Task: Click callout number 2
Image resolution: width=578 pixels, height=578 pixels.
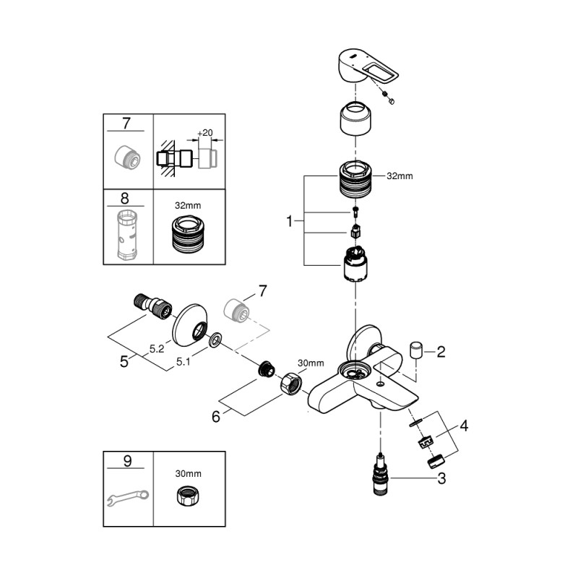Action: [x=441, y=352]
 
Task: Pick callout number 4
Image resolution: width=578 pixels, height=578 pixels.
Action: [x=465, y=426]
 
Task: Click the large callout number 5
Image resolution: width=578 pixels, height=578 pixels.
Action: [x=124, y=360]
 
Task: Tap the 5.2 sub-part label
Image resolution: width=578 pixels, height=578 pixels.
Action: [x=157, y=348]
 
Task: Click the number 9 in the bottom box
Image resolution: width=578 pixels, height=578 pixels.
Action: [x=126, y=460]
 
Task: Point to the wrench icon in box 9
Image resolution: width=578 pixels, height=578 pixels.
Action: [x=127, y=496]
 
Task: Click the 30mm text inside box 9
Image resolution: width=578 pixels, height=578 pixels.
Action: [x=189, y=473]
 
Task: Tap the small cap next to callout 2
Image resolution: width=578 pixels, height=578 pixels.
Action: [x=415, y=350]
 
